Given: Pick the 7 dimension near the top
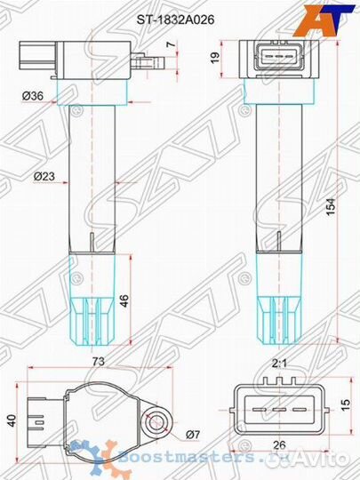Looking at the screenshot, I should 172,44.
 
